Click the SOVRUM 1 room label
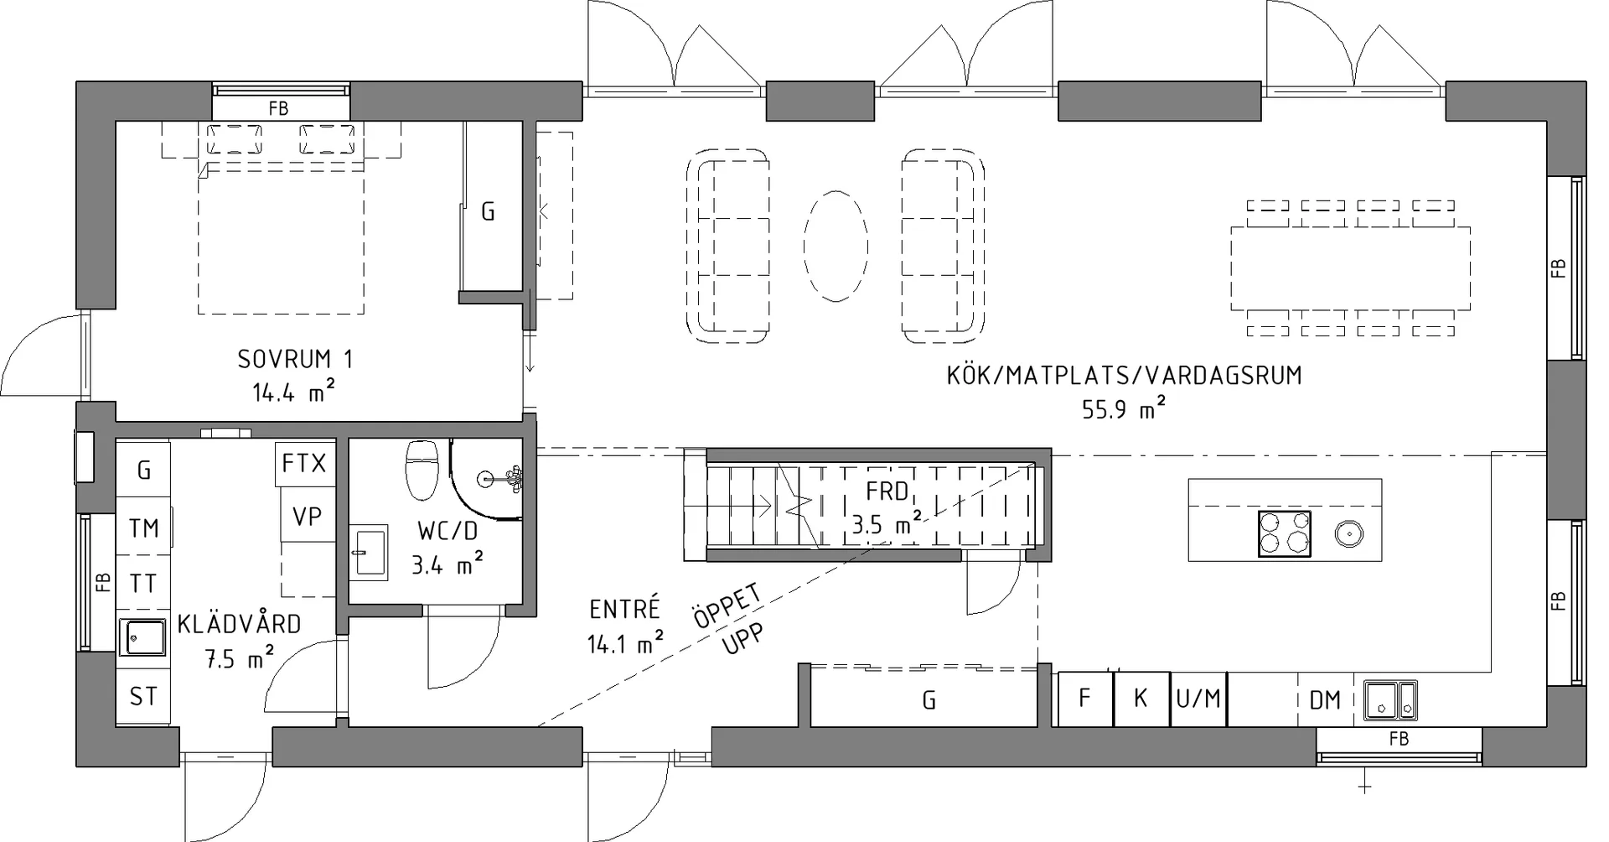point(295,359)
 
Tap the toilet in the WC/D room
point(422,470)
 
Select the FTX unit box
point(304,463)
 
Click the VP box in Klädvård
point(308,515)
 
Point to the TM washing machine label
point(143,528)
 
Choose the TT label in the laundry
point(143,583)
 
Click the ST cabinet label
point(143,696)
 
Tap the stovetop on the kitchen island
point(1284,533)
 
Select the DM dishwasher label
point(1325,699)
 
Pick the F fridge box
point(1085,699)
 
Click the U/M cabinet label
point(1198,699)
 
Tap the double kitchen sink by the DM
point(1390,700)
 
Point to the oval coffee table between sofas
point(836,245)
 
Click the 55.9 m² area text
point(1124,408)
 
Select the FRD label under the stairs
point(887,491)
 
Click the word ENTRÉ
point(624,608)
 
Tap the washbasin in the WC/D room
point(368,553)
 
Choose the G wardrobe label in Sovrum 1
point(488,211)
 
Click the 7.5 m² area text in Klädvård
point(240,658)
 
